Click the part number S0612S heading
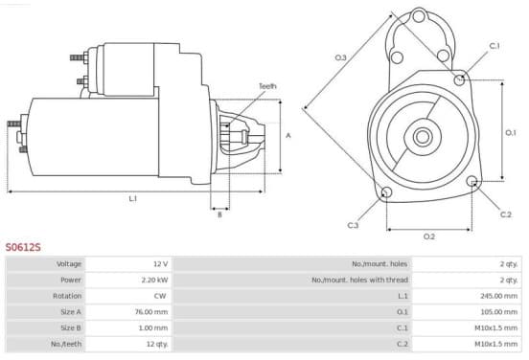[23, 247]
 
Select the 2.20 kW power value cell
[154, 280]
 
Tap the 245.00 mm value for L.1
[498, 296]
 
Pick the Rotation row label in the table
[67, 296]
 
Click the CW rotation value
[160, 296]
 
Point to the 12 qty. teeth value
[157, 344]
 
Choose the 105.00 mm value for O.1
[498, 312]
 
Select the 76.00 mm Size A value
[151, 312]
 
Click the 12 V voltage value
[160, 264]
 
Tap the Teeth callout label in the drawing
[267, 86]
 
